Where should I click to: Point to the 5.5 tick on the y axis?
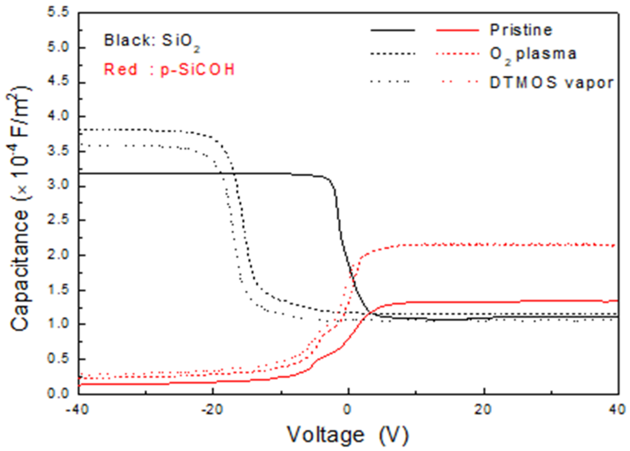pyautogui.click(x=58, y=13)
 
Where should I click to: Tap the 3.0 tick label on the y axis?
pyautogui.click(x=58, y=185)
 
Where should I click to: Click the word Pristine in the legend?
pyautogui.click(x=521, y=30)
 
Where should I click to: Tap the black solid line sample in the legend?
pyautogui.click(x=393, y=30)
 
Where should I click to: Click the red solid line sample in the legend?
pyautogui.click(x=458, y=30)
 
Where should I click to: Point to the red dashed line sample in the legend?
pyautogui.click(x=458, y=54)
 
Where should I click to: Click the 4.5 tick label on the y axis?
pyautogui.click(x=58, y=82)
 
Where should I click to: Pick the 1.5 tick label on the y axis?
pyautogui.click(x=58, y=290)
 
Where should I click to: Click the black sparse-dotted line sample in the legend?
pyautogui.click(x=390, y=82)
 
